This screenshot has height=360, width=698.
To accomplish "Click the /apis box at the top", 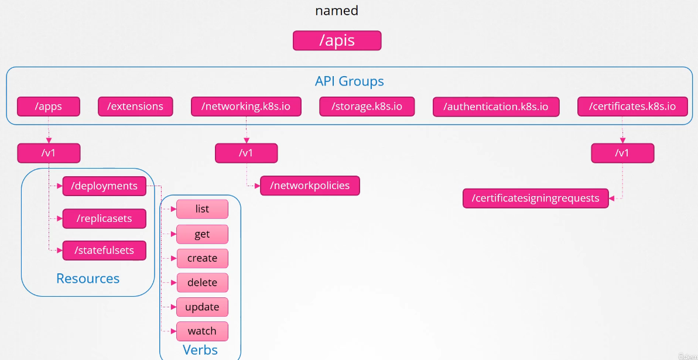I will (337, 40).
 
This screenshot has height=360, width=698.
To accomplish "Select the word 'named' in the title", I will (337, 11).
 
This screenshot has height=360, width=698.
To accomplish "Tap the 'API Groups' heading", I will (349, 81).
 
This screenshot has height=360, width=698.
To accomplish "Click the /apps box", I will (48, 107).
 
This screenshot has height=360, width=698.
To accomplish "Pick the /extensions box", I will (135, 107).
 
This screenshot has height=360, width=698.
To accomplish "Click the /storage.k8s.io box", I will (367, 107).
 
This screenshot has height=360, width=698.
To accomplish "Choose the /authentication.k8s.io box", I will (495, 107).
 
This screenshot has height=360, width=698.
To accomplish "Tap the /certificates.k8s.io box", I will (632, 107).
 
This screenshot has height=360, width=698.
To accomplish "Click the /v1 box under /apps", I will (48, 153).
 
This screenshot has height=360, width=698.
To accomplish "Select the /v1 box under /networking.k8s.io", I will (246, 153).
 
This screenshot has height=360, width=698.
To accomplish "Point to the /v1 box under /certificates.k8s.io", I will (622, 153).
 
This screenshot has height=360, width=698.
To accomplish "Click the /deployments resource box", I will (104, 186).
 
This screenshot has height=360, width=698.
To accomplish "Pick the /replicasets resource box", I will (104, 218).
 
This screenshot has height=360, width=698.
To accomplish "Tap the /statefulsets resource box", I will (104, 250).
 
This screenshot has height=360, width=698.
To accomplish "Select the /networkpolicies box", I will (310, 186).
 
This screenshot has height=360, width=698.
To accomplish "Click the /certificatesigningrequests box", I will (535, 198).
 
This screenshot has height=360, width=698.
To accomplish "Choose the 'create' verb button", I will (202, 258).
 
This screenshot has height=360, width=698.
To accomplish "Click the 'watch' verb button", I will (202, 331).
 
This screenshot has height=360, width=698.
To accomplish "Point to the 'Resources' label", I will (88, 279).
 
